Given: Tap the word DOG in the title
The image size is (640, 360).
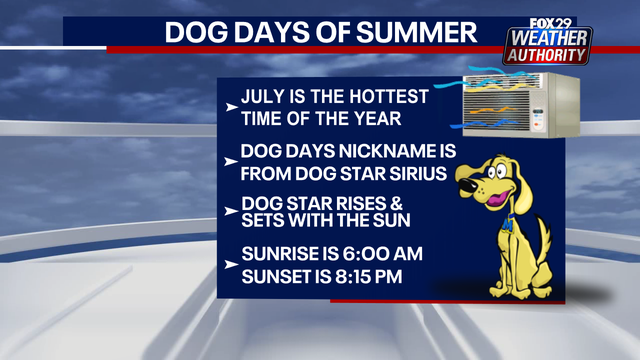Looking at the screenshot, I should (x=197, y=33).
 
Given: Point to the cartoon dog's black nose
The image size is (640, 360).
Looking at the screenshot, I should (x=463, y=183).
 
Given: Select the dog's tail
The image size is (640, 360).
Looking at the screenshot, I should (x=545, y=240).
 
